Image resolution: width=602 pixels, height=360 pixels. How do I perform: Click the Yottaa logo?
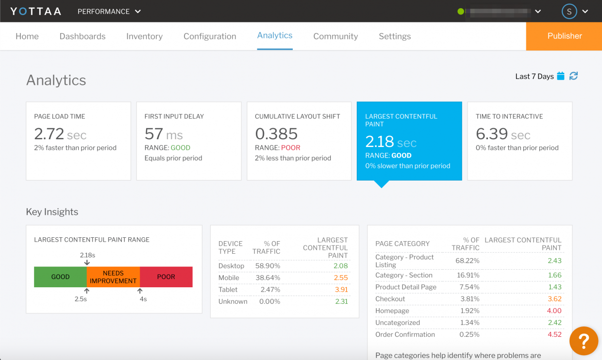[35, 11]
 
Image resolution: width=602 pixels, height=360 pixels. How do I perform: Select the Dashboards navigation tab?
[83, 36]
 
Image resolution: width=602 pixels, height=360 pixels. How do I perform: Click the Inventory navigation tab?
[144, 36]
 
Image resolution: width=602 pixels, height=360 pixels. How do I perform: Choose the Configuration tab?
[210, 36]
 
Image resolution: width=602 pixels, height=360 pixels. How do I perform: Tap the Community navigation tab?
[335, 36]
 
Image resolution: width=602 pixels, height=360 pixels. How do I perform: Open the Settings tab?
[395, 36]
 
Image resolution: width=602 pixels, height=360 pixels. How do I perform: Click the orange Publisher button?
[564, 36]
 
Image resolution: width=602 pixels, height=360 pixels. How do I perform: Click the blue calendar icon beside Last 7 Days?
[561, 76]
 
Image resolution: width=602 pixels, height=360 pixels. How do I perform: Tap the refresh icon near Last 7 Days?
[573, 76]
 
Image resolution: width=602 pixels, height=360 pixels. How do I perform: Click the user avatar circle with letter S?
[569, 11]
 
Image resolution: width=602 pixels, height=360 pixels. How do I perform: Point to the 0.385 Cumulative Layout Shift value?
[276, 134]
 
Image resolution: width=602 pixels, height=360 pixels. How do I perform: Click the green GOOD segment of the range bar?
[60, 277]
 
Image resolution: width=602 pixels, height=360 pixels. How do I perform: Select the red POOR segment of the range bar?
[166, 277]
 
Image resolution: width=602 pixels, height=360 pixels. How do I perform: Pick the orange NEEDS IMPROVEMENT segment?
[113, 277]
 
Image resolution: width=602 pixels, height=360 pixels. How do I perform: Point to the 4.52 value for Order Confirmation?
[554, 334]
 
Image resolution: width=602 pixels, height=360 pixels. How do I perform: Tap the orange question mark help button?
[583, 341]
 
